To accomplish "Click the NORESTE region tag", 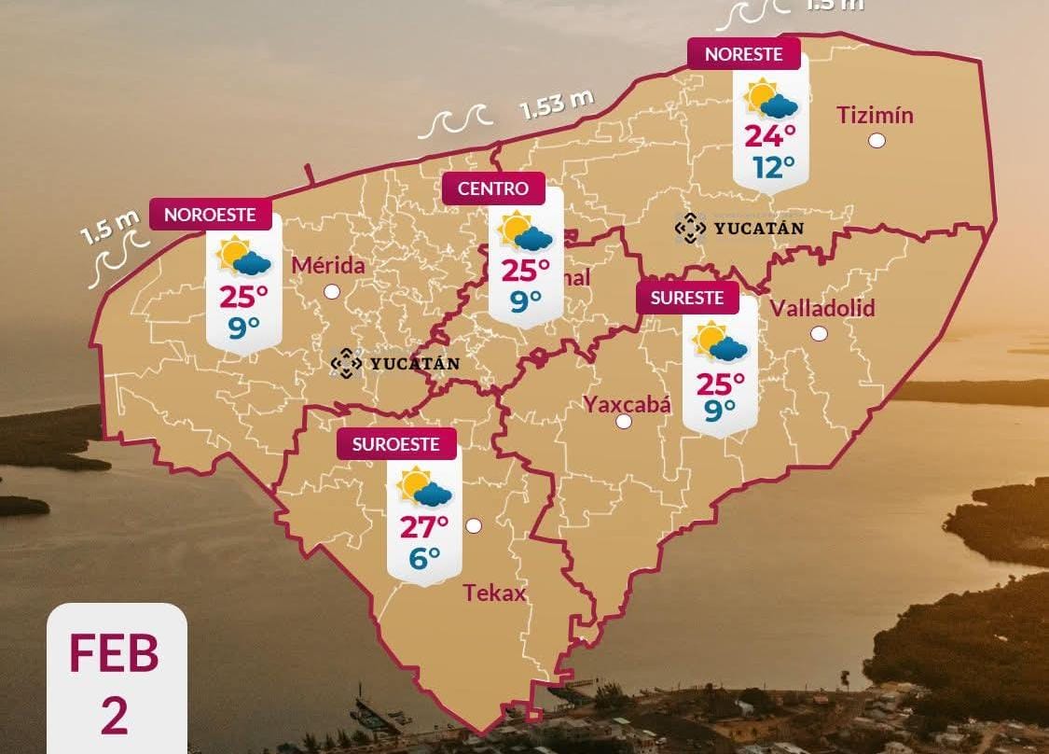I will click(743, 54).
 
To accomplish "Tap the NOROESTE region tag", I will click(210, 215).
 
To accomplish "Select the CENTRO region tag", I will click(492, 188).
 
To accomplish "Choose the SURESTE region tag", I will click(686, 299).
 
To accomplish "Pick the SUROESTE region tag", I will click(395, 444).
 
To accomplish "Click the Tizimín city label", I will click(875, 116).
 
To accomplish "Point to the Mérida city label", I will click(328, 266).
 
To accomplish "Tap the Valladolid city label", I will click(822, 308).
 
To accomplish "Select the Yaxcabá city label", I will click(627, 404).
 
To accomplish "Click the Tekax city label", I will click(494, 593).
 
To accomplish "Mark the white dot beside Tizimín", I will click(876, 141).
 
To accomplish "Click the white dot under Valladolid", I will click(819, 333).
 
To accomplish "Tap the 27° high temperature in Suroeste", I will click(424, 527).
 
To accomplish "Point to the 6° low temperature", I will click(424, 559).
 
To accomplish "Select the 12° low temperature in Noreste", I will click(774, 167).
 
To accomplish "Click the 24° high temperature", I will click(770, 136).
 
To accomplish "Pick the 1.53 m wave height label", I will click(557, 105).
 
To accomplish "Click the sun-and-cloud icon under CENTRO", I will click(526, 232).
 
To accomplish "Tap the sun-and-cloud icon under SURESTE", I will click(720, 342).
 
